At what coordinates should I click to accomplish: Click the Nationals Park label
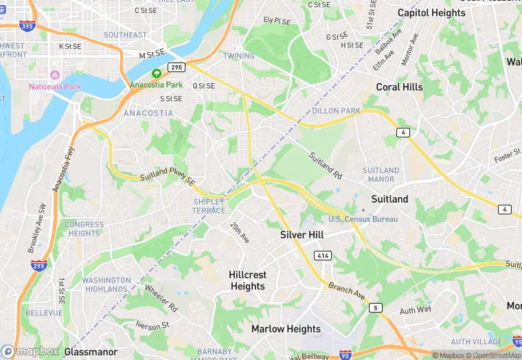tap(55, 87)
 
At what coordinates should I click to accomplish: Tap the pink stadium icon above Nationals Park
tap(55, 74)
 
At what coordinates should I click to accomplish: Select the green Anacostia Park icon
tap(157, 74)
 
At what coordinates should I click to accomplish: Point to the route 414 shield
tap(323, 256)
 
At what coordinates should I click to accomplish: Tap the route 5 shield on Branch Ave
tap(375, 307)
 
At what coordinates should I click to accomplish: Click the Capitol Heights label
tap(431, 13)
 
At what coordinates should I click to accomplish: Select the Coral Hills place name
tap(399, 87)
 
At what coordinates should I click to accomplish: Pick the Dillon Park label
tap(336, 111)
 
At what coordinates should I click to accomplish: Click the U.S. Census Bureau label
tap(363, 219)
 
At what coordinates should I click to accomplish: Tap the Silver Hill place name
tap(306, 235)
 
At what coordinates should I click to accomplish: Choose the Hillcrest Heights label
tap(247, 280)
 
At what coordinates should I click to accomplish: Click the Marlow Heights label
tap(286, 329)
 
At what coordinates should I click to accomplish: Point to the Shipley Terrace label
tap(209, 205)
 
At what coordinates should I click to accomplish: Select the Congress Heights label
tap(84, 229)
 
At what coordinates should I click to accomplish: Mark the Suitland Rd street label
tap(325, 164)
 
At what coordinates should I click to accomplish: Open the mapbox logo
tap(30, 351)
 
